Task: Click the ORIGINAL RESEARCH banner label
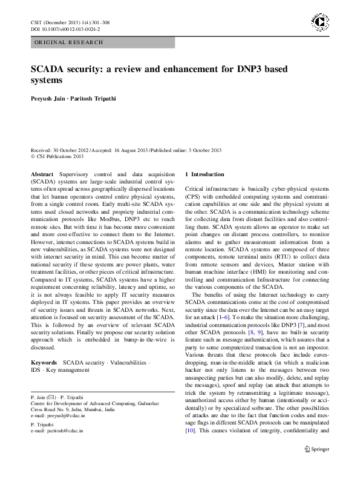(x=68, y=42)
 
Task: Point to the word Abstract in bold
(x=42, y=174)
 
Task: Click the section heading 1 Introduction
(x=204, y=174)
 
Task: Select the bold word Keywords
(x=44, y=362)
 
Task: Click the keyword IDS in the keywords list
(x=37, y=369)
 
